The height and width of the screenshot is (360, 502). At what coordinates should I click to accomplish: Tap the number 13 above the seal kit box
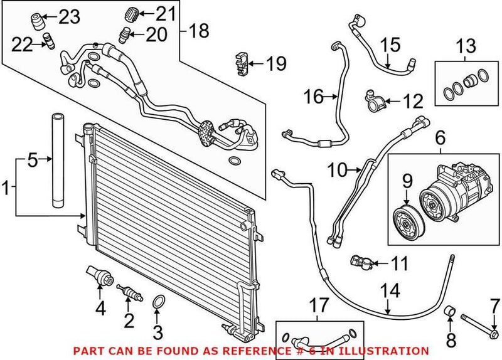pos(465,46)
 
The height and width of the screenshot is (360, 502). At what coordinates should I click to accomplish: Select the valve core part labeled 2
pos(127,292)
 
